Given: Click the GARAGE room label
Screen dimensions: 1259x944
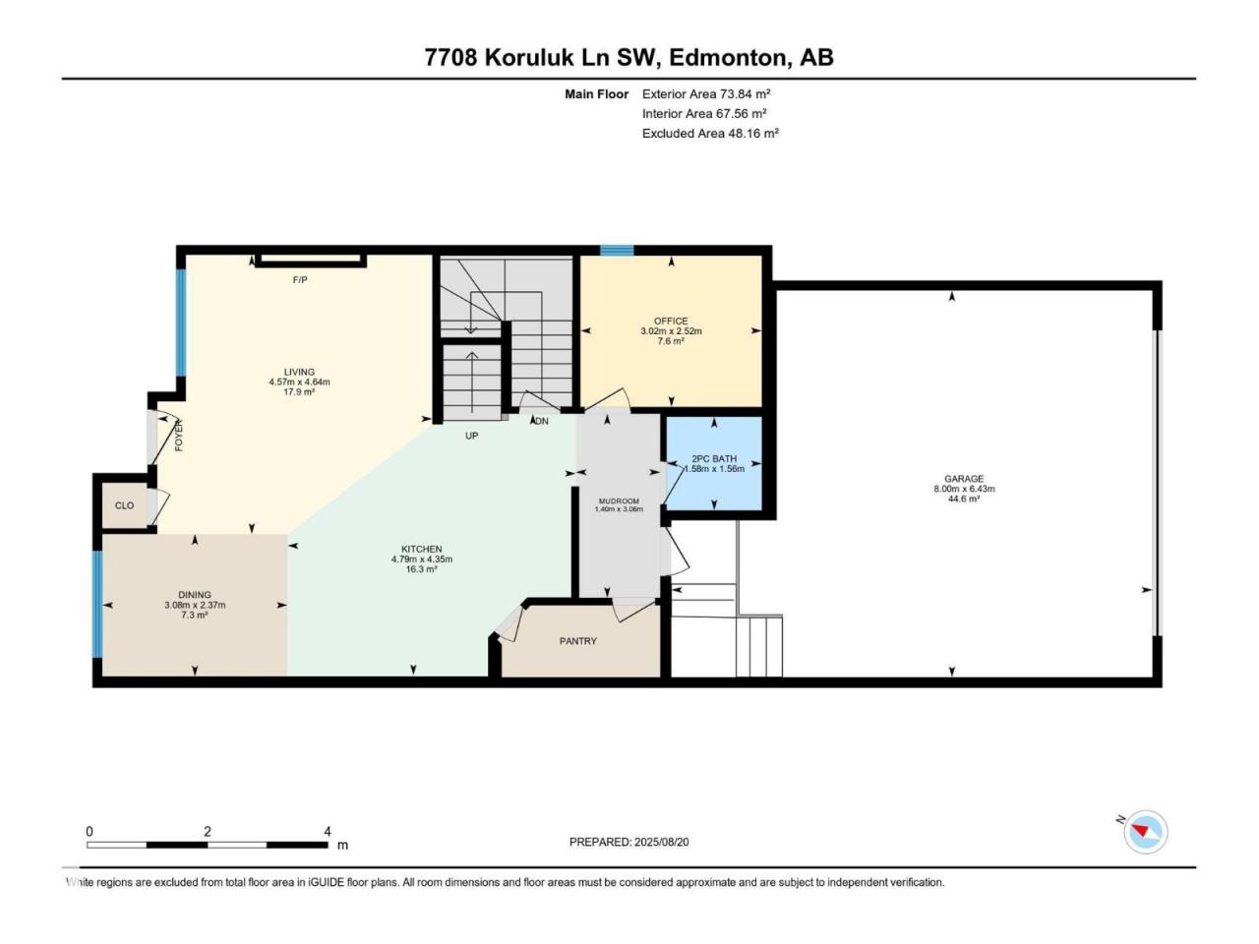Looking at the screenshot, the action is (x=964, y=479).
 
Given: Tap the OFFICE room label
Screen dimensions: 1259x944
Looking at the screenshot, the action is (x=671, y=321).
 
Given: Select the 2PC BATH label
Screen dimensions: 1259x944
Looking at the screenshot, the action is (x=714, y=458).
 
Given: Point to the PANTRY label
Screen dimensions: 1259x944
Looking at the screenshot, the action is (x=578, y=641).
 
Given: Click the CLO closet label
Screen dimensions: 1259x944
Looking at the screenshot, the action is (x=125, y=505).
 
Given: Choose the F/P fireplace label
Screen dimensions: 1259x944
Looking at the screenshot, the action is (x=300, y=279).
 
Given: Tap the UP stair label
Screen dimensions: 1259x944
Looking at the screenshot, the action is (x=471, y=436).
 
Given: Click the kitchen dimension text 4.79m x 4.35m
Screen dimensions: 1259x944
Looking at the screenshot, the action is (x=422, y=559).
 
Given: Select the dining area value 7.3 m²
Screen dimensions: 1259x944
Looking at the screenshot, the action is (x=195, y=615).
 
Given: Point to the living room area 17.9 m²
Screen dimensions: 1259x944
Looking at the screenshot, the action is (x=299, y=392).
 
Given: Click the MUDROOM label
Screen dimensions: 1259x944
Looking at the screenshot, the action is (x=619, y=501).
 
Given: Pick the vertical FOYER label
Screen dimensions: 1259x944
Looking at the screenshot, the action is (x=179, y=436).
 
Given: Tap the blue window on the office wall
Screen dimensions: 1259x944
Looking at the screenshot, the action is (x=617, y=250).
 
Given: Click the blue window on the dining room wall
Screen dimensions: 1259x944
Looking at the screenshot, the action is (x=97, y=604).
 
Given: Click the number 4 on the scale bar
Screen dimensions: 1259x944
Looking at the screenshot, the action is (x=328, y=831).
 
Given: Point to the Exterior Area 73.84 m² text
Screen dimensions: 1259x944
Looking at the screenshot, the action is (x=706, y=94).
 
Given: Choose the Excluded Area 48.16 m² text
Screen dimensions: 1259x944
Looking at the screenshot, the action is (x=710, y=134).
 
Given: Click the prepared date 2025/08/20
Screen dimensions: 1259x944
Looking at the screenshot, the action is (x=661, y=842).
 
